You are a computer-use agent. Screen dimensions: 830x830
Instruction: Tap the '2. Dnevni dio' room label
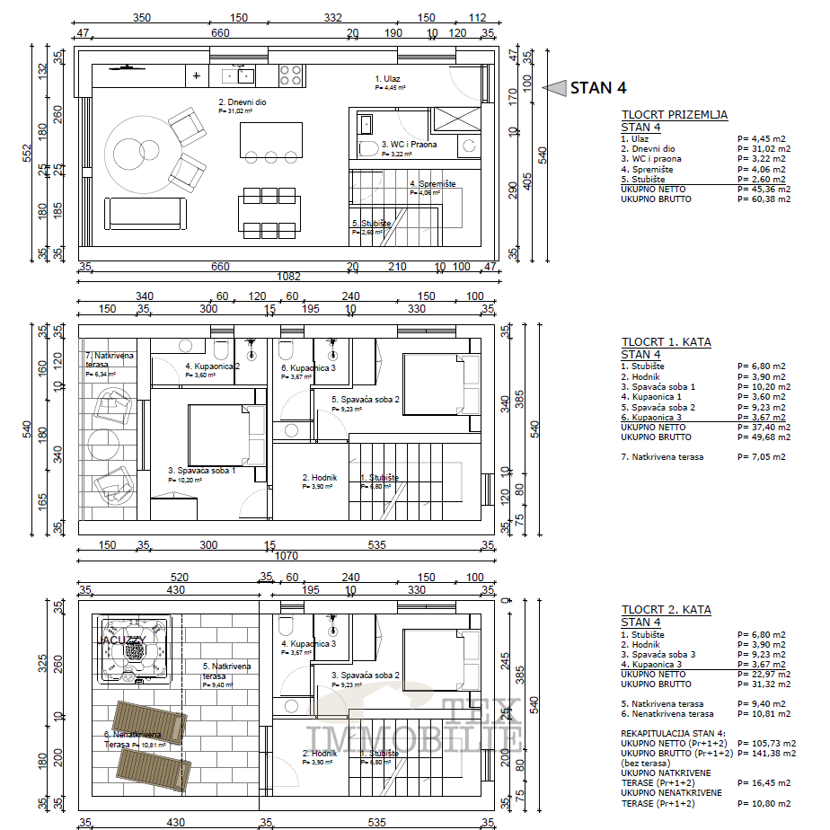coord(242,102)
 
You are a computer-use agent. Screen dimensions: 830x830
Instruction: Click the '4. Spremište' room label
coord(432,183)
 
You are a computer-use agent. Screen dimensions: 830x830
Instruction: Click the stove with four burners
coord(290,75)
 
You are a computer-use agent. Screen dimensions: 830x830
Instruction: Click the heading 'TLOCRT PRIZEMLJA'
coord(674,115)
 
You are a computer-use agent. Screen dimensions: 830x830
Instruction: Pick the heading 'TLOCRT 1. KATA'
coord(666,342)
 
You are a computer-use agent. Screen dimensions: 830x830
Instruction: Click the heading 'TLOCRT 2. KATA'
coord(666,610)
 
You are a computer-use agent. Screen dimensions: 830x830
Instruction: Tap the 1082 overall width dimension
coord(289,277)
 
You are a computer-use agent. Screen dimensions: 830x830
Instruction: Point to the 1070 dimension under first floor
coord(287,555)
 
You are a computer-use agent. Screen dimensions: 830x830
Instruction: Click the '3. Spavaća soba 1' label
coord(201,470)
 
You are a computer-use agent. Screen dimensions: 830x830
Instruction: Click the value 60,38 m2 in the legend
coord(764,199)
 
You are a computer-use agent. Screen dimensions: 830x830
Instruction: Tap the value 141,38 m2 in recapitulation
coord(764,754)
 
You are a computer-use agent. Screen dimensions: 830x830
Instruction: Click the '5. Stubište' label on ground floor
coord(371,223)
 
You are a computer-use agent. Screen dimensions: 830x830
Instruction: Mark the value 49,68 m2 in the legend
coord(764,437)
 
